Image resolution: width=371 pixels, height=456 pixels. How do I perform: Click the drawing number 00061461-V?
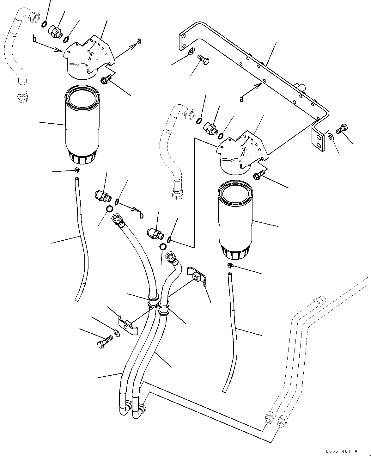point(343,451)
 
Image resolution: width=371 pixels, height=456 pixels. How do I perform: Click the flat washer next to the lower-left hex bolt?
point(117,333)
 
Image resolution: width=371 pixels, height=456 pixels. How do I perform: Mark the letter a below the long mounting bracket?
point(241,99)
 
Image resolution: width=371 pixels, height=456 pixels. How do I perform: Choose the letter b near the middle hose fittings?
point(141,215)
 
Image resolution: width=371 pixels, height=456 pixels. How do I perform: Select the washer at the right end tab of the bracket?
point(331,137)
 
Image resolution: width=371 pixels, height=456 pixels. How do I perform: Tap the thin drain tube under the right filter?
point(232,329)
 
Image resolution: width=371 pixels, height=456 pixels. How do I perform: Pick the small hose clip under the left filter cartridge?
point(77,170)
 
